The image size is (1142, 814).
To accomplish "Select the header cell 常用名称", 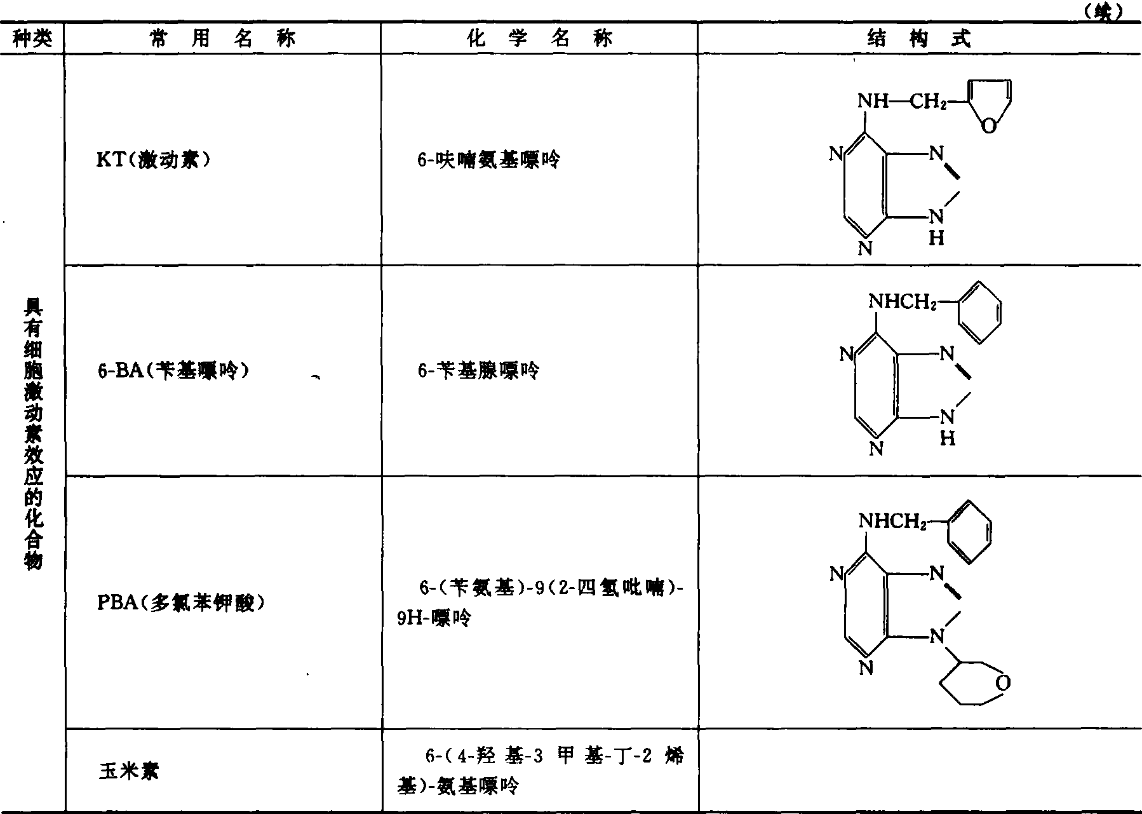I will [x=222, y=39].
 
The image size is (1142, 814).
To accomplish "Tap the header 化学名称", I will [x=539, y=39].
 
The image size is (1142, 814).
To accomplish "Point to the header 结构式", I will [x=919, y=39].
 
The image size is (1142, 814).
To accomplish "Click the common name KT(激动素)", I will [x=153, y=159].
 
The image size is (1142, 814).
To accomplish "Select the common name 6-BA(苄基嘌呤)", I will [x=173, y=370].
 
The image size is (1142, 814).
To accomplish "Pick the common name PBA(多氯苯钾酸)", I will [x=180, y=602].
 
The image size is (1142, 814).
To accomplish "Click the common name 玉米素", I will [x=129, y=771].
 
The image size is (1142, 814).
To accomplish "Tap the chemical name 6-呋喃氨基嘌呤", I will [x=488, y=159].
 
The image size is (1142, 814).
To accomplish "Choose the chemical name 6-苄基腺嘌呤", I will [x=478, y=370].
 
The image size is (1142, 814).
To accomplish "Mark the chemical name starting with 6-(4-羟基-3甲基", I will [x=540, y=771].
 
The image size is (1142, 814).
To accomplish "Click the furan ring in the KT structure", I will [x=988, y=103].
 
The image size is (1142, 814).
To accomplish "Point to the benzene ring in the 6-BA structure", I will [x=979, y=313].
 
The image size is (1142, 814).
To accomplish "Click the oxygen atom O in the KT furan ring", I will [x=988, y=126].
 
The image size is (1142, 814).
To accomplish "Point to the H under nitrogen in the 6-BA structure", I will [x=947, y=438].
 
